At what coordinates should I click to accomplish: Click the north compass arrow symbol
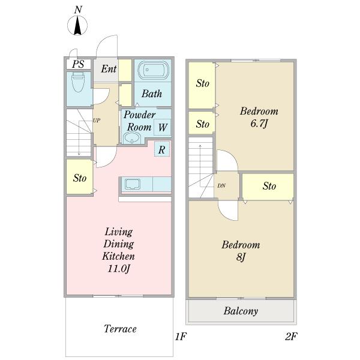coord(77,25)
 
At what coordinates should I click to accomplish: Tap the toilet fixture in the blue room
coord(78,82)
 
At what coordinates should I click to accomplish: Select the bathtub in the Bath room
coord(154,70)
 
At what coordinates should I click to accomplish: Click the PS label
coord(78,64)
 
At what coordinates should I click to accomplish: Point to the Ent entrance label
coord(109,69)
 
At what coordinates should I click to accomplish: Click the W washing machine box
coord(163,127)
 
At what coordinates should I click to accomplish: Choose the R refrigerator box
coord(162,149)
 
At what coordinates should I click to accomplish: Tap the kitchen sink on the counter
coord(133,184)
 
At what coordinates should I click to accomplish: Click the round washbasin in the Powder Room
coord(131,139)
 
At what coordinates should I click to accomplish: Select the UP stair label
coord(97,121)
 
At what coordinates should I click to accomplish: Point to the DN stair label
coord(221,186)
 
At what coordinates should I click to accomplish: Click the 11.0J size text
coord(119,268)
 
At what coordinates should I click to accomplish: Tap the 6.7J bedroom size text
coord(259,124)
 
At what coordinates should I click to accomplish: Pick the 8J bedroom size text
coord(241,257)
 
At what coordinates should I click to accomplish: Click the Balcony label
coord(241,311)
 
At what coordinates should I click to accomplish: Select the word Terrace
coord(120,329)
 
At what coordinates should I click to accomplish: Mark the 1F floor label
coord(181,337)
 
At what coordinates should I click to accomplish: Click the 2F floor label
coord(291,337)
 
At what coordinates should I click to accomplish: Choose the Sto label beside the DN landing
coord(269,186)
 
